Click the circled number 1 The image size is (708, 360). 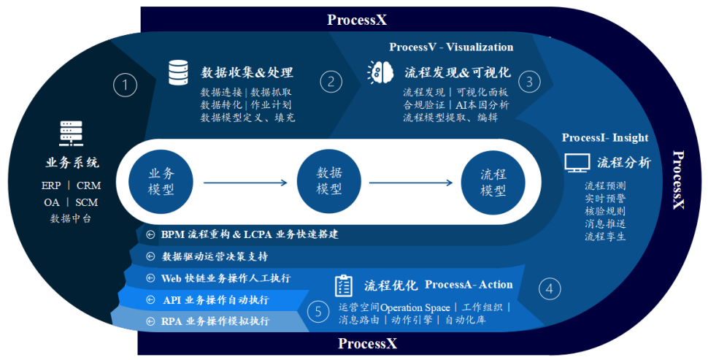coord(126,85)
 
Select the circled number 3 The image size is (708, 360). coord(530,81)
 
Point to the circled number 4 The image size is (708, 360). coord(550,288)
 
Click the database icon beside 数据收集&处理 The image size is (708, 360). coord(178,72)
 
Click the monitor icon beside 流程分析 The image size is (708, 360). coord(577,163)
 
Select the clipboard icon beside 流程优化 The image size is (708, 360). coord(344,286)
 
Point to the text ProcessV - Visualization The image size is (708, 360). coord(451,47)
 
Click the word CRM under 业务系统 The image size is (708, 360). coord(88,185)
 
